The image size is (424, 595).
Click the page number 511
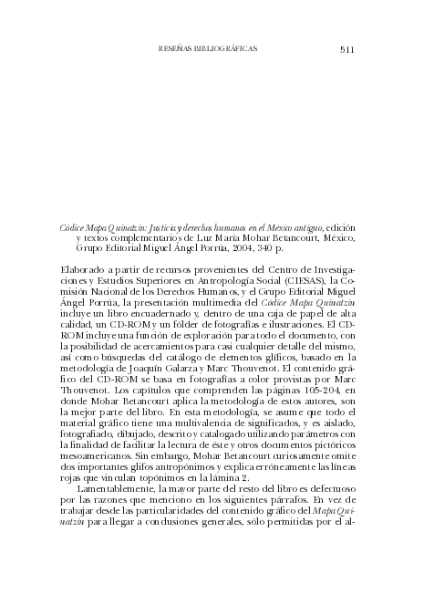point(346,49)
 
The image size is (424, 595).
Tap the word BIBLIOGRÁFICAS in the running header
point(223,49)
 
